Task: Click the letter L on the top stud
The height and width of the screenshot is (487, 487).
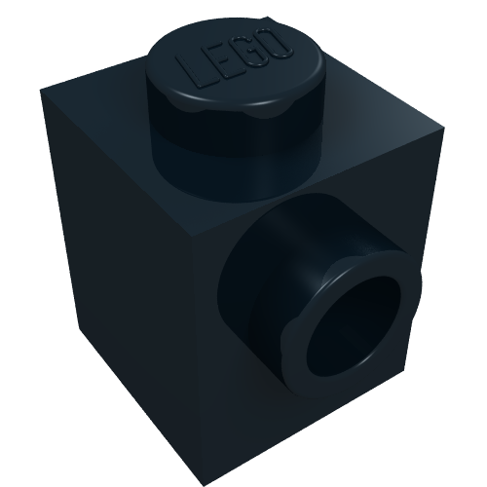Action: [x=193, y=72]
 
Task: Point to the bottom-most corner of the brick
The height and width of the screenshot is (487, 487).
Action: [x=204, y=486]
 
